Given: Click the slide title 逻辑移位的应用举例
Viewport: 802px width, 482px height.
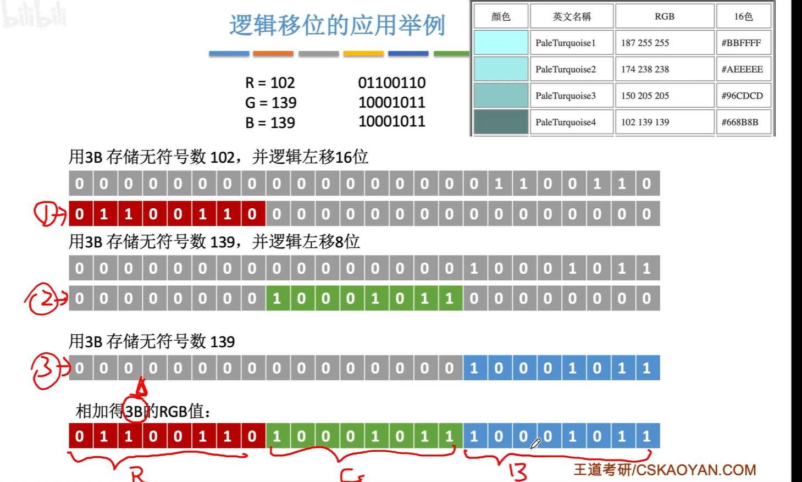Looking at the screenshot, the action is (x=336, y=25).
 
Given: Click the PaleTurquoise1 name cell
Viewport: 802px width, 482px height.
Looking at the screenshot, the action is (x=565, y=43).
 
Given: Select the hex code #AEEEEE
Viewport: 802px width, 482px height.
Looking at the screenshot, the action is (x=742, y=69).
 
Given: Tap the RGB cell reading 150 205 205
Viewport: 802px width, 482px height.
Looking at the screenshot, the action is (x=645, y=96).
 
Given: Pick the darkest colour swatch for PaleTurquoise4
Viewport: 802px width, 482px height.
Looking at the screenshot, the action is (x=501, y=121).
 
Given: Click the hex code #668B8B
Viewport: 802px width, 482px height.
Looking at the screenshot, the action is (x=740, y=122).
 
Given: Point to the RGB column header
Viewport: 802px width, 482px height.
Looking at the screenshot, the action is (x=664, y=16).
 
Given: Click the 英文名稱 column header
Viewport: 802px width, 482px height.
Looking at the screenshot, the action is (x=571, y=16).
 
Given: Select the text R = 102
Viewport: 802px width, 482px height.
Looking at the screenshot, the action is (x=270, y=83).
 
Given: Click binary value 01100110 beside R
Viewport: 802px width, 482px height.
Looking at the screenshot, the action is (x=391, y=83).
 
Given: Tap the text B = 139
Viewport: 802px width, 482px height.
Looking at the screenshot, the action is (x=270, y=123).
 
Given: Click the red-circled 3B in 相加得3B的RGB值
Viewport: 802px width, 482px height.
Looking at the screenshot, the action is (x=135, y=411).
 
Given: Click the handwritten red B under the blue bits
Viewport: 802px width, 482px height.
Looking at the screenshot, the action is (x=517, y=471).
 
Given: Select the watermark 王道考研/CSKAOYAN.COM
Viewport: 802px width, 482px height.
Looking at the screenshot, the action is (x=665, y=470).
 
